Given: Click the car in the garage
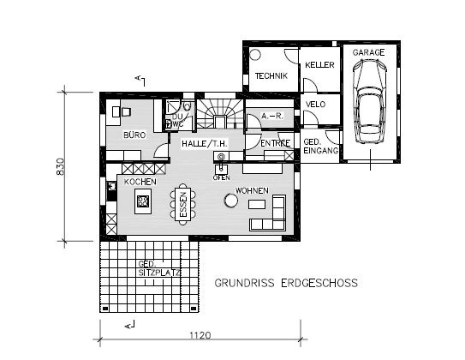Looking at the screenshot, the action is pos(370,101).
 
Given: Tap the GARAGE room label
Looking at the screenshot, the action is pos(368,52).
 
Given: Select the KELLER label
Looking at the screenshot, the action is pos(319,64).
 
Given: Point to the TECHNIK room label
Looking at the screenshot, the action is pos(271,75).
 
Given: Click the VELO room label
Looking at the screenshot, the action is pos(315,105).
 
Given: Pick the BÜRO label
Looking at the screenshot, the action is pos(134,135).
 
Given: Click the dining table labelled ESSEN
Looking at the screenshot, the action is pos(183,204).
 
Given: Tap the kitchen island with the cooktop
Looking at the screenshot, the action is pos(143,201).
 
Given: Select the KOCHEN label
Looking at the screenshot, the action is pos(140,182).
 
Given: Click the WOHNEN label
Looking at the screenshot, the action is pos(252,190).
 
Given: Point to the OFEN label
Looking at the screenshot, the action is pos(221,177).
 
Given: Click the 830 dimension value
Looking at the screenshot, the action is pos(60,166).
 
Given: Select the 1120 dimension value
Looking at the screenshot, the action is pos(200,335).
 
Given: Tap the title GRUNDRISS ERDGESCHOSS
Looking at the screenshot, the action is pos(286,283).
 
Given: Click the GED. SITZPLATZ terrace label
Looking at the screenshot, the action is pos(159,268).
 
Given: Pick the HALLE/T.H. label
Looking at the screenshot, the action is pos(205,144).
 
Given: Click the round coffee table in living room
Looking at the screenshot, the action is pos(230,201).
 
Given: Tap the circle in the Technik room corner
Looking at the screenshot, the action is pos(254,55).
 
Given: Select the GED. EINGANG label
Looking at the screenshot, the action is pos(320,146).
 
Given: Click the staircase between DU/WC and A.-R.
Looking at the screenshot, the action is pos(220,114).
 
